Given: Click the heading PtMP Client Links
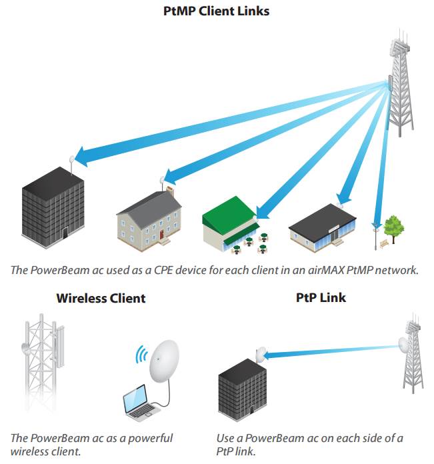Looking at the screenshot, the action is pyautogui.click(x=216, y=11).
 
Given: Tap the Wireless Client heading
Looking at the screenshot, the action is pyautogui.click(x=101, y=298).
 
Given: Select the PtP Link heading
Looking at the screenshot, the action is pyautogui.click(x=321, y=297).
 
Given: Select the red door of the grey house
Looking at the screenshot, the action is pyautogui.click(x=161, y=235).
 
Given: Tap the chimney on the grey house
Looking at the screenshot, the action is pyautogui.click(x=170, y=191).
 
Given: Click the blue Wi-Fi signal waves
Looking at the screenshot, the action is pyautogui.click(x=142, y=354).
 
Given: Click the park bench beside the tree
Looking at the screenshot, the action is pyautogui.click(x=384, y=243).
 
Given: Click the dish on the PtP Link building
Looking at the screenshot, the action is pyautogui.click(x=261, y=354).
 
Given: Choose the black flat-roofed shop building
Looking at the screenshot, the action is pyautogui.click(x=323, y=228).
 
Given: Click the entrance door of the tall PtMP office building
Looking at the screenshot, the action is pyautogui.click(x=65, y=233).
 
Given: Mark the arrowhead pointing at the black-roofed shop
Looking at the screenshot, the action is pyautogui.click(x=345, y=198).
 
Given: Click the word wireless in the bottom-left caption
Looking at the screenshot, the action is pyautogui.click(x=26, y=451).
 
